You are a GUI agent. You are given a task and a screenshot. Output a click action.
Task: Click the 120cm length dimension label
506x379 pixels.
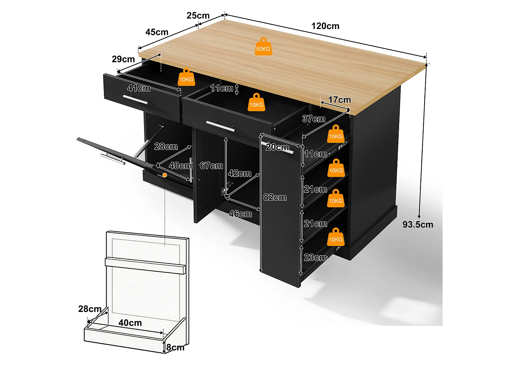point(325,26)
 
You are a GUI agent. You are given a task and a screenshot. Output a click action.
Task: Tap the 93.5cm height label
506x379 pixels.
point(418,224)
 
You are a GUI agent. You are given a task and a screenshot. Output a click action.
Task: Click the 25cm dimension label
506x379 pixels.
point(198,15)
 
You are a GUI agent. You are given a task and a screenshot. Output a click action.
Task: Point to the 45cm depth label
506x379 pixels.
point(157,32)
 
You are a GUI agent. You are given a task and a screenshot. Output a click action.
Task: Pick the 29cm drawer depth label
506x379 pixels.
point(123,59)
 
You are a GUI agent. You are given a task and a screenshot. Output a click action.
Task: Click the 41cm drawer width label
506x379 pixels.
point(139,88)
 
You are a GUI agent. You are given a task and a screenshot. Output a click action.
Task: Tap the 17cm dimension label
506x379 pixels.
point(340,100)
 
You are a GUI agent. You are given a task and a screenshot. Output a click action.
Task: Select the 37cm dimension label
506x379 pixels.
point(313,119)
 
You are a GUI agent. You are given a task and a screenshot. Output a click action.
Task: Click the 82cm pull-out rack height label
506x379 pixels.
point(275,197)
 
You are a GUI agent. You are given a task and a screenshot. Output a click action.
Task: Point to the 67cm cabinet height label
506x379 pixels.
point(212,165)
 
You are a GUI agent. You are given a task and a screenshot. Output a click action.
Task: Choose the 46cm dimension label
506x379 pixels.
point(240,214)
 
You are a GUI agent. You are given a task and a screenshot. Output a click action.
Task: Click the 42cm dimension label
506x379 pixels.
point(240,173)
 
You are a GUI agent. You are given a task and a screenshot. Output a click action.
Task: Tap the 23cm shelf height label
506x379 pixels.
point(315,257)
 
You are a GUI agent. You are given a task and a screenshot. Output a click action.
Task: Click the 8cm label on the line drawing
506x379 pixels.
point(175,347)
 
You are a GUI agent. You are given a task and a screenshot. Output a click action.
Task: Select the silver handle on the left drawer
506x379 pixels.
point(136,99)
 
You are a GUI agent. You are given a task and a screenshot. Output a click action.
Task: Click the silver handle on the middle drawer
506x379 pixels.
point(221,126)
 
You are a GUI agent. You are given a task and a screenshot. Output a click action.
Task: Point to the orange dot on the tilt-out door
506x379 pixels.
point(165,175)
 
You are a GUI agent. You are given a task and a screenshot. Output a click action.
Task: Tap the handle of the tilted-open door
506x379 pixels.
point(113,159)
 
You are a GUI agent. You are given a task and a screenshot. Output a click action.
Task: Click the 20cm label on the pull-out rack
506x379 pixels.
point(277,147)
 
